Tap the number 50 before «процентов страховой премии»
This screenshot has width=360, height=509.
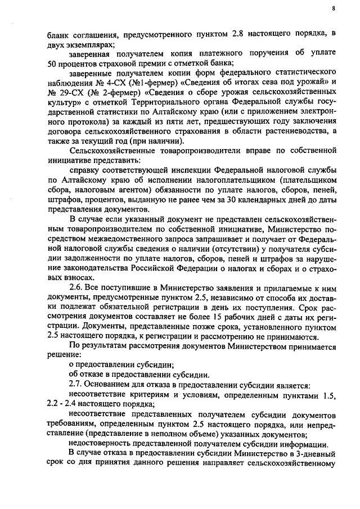pyautogui.click(x=52, y=64)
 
